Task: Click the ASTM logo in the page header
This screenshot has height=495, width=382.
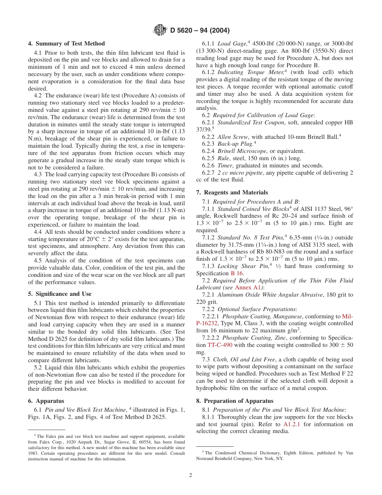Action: point(160,30)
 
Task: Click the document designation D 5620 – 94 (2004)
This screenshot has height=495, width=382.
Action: point(200,30)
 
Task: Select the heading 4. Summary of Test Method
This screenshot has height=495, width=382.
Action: point(66,43)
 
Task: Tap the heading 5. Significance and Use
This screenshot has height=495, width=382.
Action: point(60,294)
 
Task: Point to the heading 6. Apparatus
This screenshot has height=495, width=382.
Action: point(46,401)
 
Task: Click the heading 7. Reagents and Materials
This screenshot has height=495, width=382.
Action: point(232,192)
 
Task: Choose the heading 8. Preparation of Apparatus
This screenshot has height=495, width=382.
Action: point(234,401)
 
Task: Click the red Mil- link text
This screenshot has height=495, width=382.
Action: point(347,316)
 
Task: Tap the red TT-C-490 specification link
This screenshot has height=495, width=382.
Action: point(220,345)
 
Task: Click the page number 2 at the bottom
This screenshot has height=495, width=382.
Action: point(191,475)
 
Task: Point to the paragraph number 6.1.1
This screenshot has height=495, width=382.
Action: point(208,43)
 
